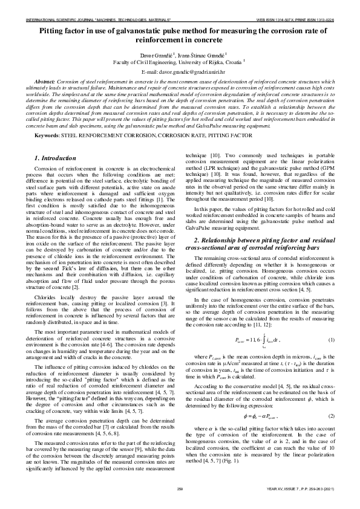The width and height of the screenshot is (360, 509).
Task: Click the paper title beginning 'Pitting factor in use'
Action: (x=180, y=33)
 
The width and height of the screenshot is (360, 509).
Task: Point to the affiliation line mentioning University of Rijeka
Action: (x=180, y=62)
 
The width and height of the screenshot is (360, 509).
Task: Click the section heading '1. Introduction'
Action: (x=52, y=158)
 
